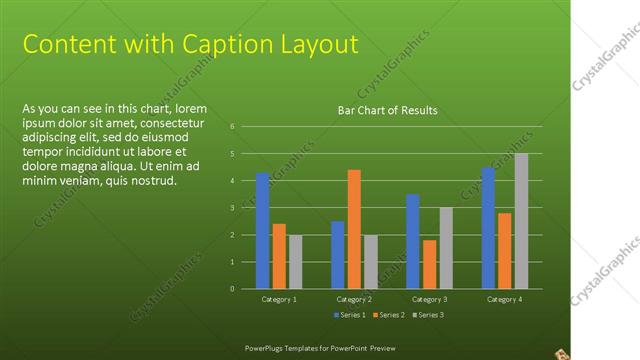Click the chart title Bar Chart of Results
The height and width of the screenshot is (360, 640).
point(387,110)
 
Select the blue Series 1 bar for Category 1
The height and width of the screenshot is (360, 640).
point(262,231)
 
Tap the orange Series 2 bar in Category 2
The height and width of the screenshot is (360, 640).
point(354,229)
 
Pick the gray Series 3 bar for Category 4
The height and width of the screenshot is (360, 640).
point(521,221)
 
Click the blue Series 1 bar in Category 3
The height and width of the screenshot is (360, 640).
point(412,241)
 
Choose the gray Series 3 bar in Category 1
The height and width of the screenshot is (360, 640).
point(295,262)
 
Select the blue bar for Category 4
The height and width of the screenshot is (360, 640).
point(488,228)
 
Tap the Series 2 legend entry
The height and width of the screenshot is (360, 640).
point(387,315)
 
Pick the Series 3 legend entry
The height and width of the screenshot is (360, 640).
point(428,315)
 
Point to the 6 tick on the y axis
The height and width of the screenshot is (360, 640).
point(231,127)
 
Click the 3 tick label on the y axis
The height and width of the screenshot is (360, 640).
point(231,208)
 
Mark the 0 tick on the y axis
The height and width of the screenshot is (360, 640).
point(231,289)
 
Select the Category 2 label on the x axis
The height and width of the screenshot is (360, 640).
point(354,299)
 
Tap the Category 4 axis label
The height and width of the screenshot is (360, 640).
point(504,299)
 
